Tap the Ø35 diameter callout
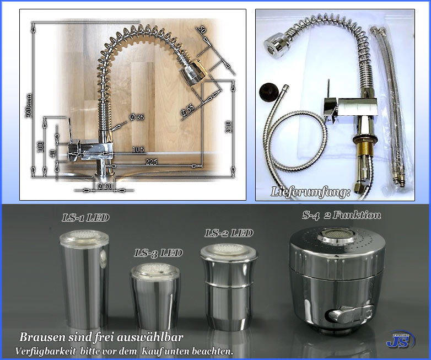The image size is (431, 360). [x=136, y=117]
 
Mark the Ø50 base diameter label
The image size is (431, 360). [x=105, y=186]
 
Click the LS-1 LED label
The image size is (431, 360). [x=85, y=218]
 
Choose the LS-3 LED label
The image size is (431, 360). [x=158, y=253]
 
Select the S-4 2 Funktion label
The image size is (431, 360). [x=341, y=215]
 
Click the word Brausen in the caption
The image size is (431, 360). [x=41, y=337]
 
